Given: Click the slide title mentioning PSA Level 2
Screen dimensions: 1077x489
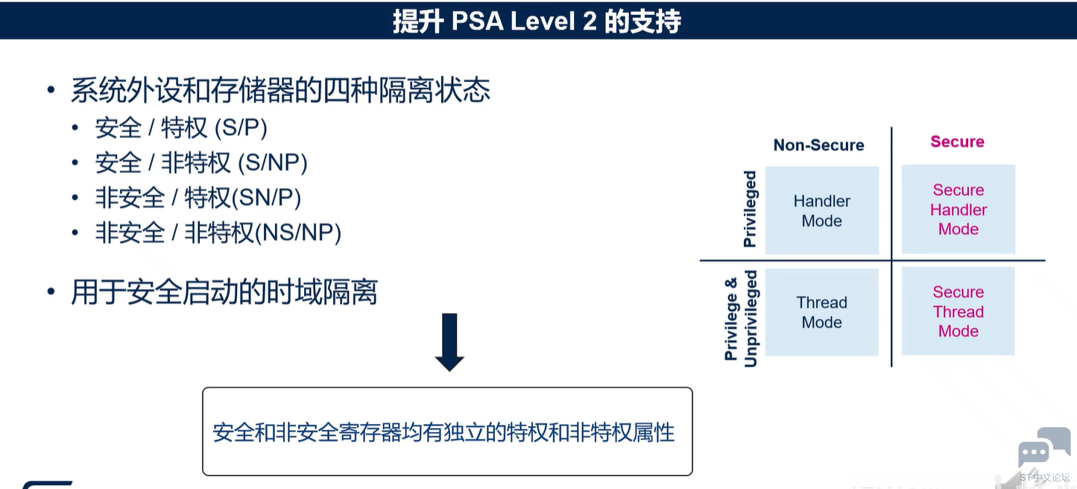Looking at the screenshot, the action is (537, 22).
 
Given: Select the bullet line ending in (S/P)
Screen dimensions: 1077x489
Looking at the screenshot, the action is (181, 128).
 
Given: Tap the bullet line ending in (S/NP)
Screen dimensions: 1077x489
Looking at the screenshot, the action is (201, 163).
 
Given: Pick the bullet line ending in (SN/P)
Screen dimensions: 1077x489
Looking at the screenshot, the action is (198, 198).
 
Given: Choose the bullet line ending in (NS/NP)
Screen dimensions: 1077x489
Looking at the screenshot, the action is (218, 233).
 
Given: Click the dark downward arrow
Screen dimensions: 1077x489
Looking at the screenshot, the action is (449, 342).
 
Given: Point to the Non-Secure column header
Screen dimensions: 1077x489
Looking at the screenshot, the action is (818, 145).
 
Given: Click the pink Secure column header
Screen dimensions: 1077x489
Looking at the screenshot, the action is (957, 142).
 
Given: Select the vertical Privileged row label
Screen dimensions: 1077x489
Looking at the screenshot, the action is (750, 209).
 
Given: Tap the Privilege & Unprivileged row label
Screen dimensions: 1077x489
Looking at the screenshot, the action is (740, 318).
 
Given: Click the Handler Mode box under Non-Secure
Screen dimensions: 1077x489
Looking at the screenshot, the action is (821, 210).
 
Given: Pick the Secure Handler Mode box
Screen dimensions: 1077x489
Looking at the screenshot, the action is (958, 209).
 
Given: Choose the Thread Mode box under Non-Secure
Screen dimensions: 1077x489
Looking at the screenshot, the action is (821, 312).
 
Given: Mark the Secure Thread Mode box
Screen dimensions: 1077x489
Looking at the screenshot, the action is (958, 311).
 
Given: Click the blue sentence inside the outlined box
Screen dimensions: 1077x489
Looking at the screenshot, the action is (443, 432).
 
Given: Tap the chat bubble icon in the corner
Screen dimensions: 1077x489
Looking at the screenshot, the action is (1043, 447).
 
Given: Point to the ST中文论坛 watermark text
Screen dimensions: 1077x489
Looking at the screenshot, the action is (1044, 478).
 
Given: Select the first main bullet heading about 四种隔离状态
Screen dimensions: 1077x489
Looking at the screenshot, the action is (280, 90).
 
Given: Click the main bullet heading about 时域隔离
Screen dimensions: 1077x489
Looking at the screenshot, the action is (224, 292).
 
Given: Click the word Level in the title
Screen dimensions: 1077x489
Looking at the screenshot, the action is (543, 22).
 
